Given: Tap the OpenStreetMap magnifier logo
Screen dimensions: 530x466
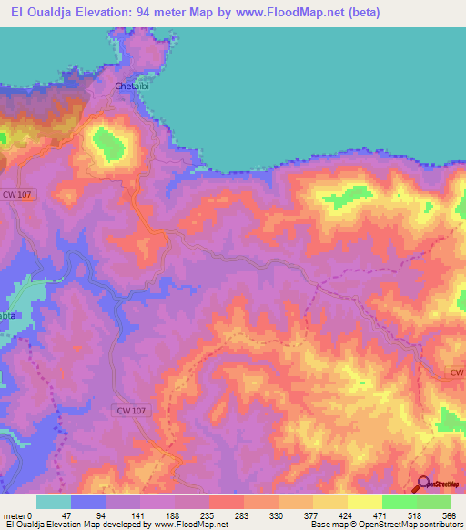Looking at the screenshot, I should coord(425,484).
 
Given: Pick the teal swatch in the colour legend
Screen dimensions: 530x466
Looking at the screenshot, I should coord(54,502).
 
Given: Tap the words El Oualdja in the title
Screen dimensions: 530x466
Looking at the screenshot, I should coord(41,13).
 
